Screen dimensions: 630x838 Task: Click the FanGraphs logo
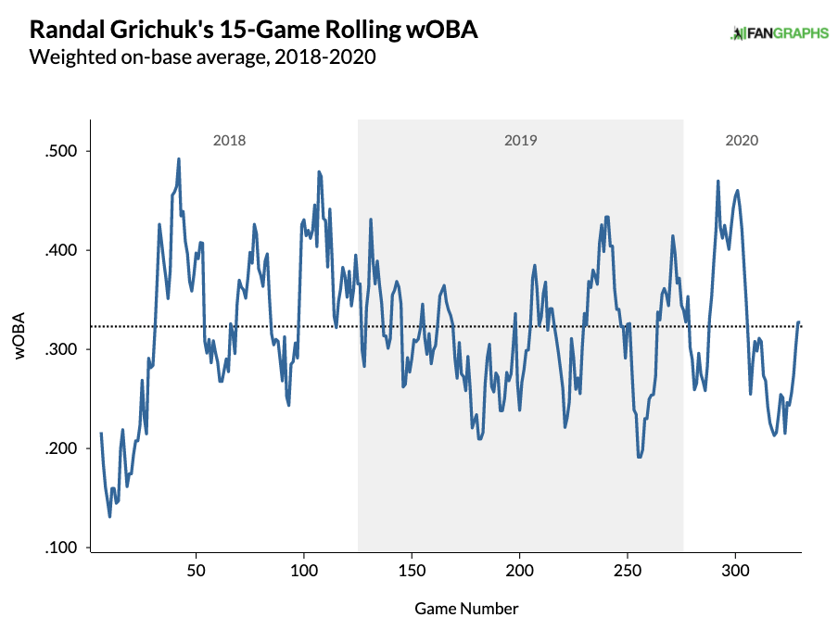click(x=779, y=34)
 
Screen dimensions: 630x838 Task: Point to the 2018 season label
click(x=230, y=141)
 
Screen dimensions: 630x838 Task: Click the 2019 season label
click(x=521, y=141)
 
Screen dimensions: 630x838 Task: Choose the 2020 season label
click(x=742, y=141)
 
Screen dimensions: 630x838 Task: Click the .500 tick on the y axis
click(x=62, y=151)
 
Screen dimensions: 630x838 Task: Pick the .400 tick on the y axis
click(x=62, y=250)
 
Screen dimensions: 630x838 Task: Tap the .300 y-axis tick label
click(x=62, y=349)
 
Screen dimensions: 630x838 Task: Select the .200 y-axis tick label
click(x=62, y=448)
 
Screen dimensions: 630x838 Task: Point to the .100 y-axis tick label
click(x=62, y=548)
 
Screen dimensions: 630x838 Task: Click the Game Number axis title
click(x=466, y=609)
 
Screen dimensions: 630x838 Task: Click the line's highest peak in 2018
click(x=179, y=159)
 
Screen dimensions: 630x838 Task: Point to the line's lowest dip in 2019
click(x=640, y=457)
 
